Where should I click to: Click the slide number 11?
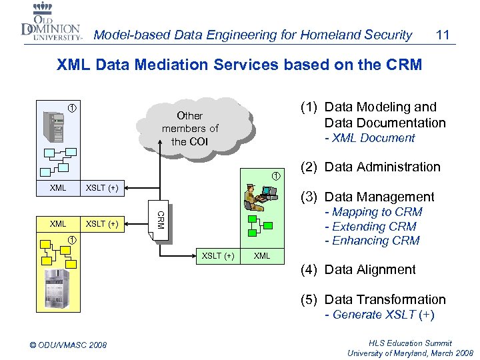pyautogui.click(x=441, y=34)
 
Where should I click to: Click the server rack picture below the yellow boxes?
pyautogui.click(x=57, y=287)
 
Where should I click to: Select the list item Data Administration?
pyautogui.click(x=382, y=167)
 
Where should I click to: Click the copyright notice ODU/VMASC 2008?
pyautogui.click(x=69, y=345)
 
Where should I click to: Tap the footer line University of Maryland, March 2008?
pyautogui.click(x=409, y=353)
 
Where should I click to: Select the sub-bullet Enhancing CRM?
pyautogui.click(x=371, y=241)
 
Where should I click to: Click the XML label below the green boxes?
pyautogui.click(x=263, y=256)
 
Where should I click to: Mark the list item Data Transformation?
pyautogui.click(x=384, y=299)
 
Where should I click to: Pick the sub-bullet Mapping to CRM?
pyautogui.click(x=373, y=212)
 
